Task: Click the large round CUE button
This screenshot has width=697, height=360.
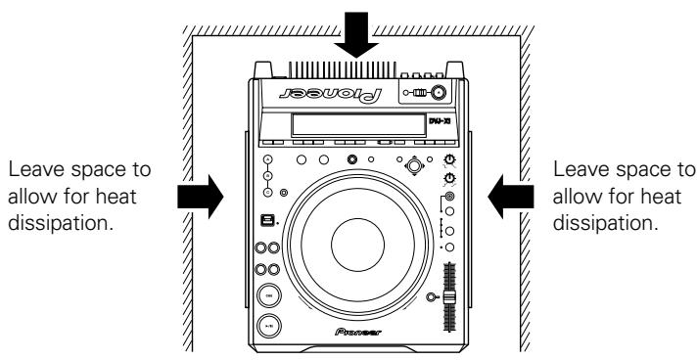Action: pyautogui.click(x=265, y=297)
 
